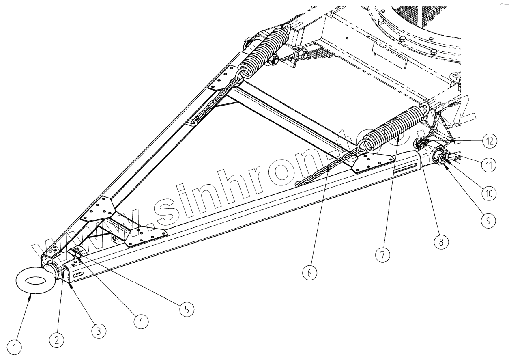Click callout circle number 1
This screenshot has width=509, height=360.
pyautogui.click(x=16, y=347)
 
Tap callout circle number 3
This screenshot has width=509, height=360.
pyautogui.click(x=99, y=331)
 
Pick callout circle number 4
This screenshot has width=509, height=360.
pyautogui.click(x=141, y=322)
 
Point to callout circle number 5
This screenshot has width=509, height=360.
pyautogui.click(x=187, y=309)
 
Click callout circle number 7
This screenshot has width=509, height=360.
pyautogui.click(x=382, y=255)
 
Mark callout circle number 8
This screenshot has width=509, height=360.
pyautogui.click(x=441, y=243)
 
